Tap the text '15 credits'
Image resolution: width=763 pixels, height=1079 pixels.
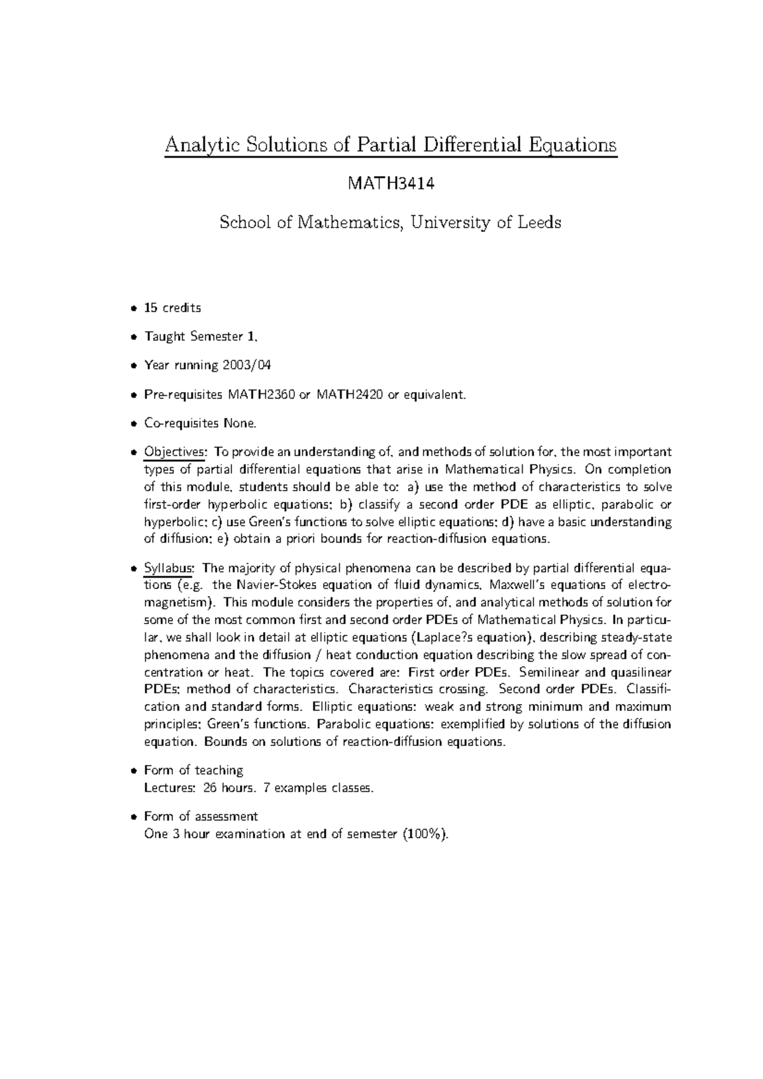pos(172,308)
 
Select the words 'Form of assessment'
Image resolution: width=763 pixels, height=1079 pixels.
pos(201,817)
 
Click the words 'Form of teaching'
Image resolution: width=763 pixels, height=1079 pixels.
pos(194,770)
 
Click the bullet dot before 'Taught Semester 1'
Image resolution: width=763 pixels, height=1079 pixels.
pos(133,337)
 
